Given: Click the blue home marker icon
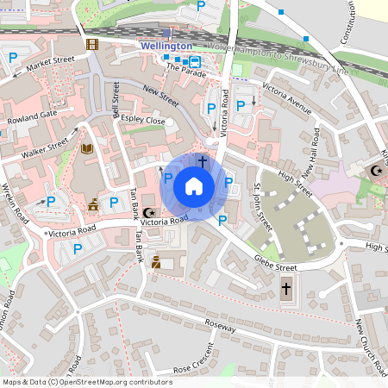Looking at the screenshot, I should click(194, 186).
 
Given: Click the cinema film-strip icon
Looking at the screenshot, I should click(92, 44).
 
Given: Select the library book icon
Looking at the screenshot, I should click(86, 149).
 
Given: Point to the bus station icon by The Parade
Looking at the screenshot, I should click(195, 61).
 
